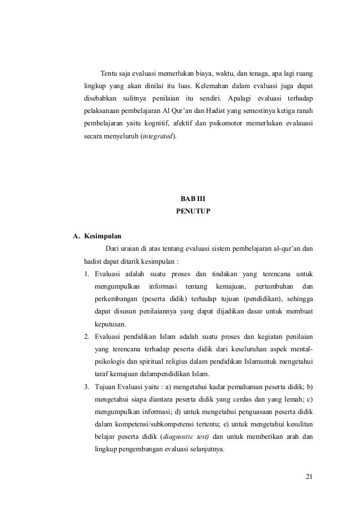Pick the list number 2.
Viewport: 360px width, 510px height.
[86, 337]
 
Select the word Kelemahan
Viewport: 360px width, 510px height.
[212, 86]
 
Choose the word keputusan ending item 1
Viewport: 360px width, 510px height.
[111, 325]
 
